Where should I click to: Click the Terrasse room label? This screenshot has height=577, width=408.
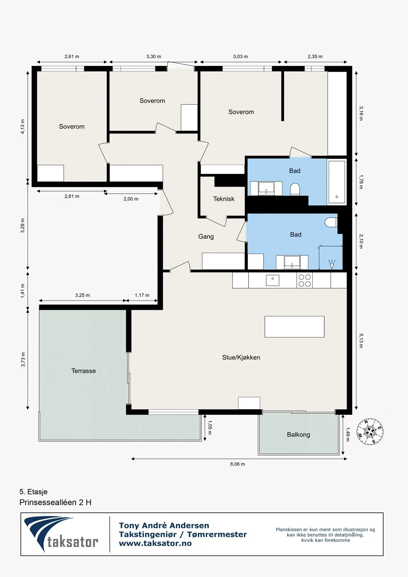(x=83, y=371)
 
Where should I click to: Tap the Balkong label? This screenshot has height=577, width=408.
(x=298, y=435)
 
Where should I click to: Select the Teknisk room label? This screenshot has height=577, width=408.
(x=224, y=199)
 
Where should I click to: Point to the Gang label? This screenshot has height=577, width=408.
(x=206, y=237)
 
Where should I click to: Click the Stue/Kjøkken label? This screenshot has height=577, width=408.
(x=241, y=357)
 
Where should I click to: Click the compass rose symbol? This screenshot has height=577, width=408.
(x=370, y=431)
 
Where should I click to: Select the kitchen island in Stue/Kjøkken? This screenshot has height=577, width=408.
(x=294, y=327)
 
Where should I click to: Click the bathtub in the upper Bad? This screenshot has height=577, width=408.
(x=337, y=182)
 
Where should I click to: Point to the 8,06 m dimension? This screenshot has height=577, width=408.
(x=237, y=464)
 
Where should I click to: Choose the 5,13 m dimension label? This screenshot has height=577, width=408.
(x=361, y=340)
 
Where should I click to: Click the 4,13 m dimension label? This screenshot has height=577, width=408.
(x=23, y=127)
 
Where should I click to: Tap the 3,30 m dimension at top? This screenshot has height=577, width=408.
(x=154, y=56)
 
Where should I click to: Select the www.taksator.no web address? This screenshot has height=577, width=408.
(x=155, y=543)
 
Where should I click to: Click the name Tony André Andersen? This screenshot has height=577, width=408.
(x=164, y=525)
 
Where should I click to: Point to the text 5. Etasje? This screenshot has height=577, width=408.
(x=34, y=492)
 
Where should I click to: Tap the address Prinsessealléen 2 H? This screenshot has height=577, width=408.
(x=56, y=502)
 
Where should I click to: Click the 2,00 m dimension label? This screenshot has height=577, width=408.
(x=131, y=199)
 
